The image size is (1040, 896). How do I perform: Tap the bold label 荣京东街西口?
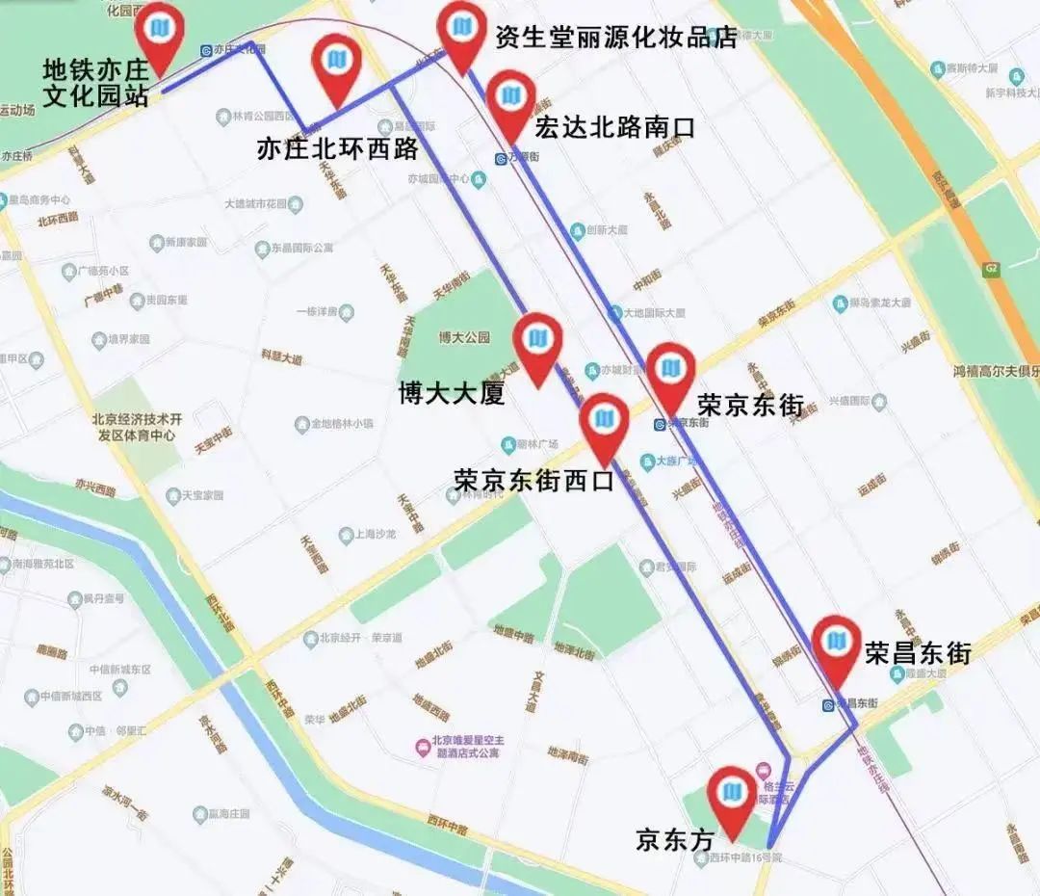(x=533, y=480)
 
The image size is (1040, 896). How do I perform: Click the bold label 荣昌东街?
(x=917, y=652)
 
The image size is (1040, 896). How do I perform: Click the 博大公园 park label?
(x=464, y=337)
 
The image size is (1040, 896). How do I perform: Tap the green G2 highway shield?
(x=991, y=267)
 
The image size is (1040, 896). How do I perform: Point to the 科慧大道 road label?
(x=281, y=356)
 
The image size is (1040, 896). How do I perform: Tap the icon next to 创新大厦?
(x=577, y=231)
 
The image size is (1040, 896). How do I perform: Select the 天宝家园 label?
(x=203, y=495)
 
